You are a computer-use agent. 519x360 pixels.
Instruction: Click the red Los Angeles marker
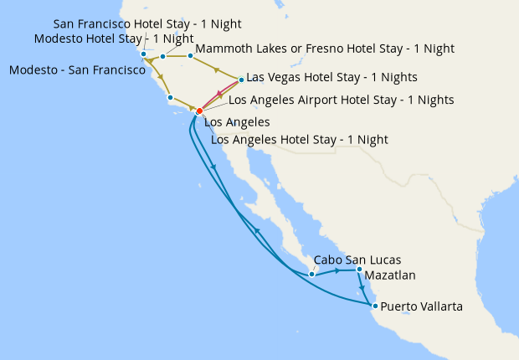pyautogui.click(x=199, y=111)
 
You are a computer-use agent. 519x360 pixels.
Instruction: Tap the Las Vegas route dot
pyautogui.click(x=241, y=80)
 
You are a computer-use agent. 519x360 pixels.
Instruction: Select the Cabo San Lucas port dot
pyautogui.click(x=311, y=274)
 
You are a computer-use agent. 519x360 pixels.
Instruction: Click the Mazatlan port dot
pyautogui.click(x=359, y=270)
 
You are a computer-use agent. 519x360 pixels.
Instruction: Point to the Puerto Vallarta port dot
pyautogui.click(x=375, y=306)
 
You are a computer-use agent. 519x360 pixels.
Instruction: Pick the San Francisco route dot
pyautogui.click(x=144, y=55)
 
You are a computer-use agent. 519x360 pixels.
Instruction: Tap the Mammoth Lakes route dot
pyautogui.click(x=190, y=56)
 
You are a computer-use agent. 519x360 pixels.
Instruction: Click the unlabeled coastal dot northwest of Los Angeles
pyautogui.click(x=170, y=98)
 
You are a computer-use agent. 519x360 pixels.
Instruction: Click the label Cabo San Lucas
pyautogui.click(x=348, y=260)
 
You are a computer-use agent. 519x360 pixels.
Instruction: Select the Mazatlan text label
pyautogui.click(x=391, y=275)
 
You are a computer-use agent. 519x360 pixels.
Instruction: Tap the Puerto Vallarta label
pyautogui.click(x=421, y=307)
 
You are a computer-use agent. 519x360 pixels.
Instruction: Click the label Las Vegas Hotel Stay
pyautogui.click(x=331, y=78)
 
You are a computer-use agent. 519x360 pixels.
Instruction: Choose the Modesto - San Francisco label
pyautogui.click(x=77, y=70)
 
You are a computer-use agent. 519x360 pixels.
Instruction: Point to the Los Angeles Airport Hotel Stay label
pyautogui.click(x=341, y=100)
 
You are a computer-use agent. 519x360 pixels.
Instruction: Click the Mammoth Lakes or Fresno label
pyautogui.click(x=325, y=49)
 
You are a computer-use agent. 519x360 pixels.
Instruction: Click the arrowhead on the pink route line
pyautogui.click(x=219, y=95)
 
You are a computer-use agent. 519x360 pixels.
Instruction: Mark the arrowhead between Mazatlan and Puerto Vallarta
pyautogui.click(x=362, y=286)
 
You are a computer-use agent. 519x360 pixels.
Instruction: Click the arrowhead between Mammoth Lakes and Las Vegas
pyautogui.click(x=217, y=69)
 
